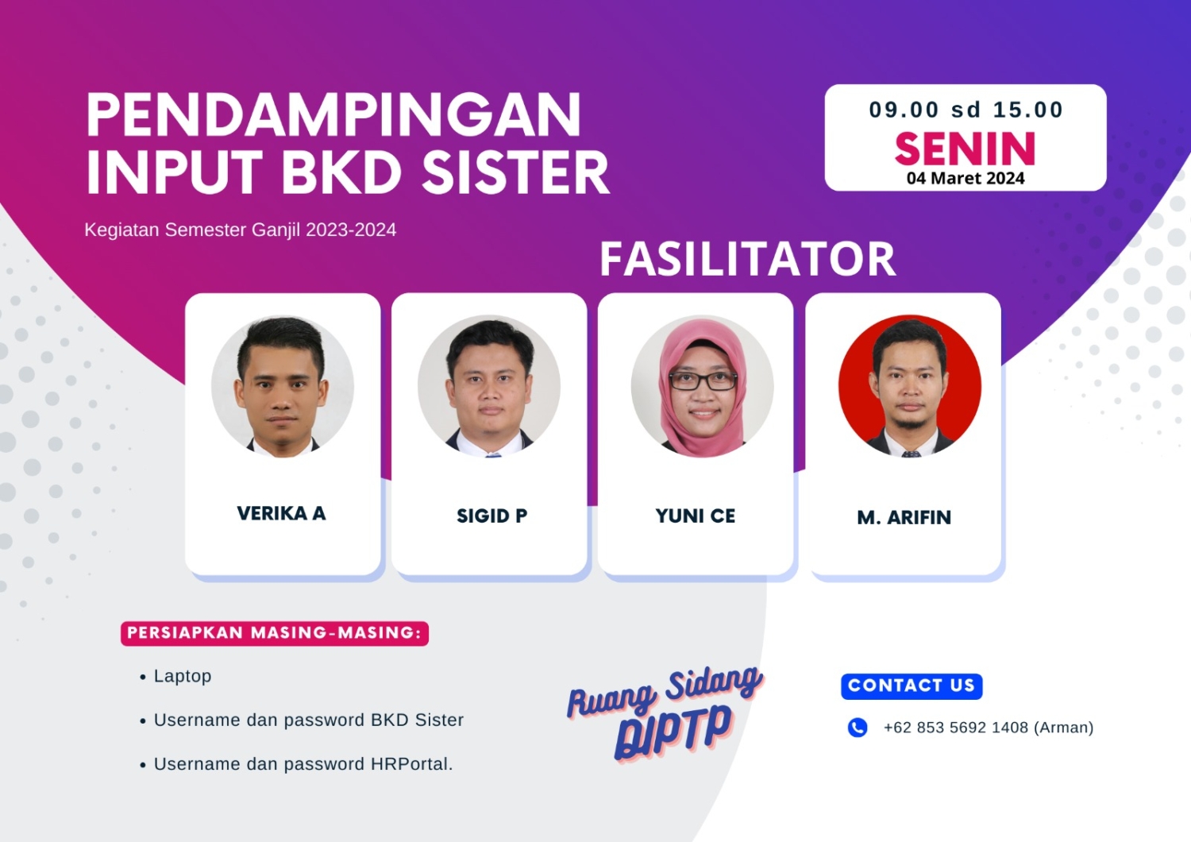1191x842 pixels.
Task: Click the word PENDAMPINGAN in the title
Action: pos(333,116)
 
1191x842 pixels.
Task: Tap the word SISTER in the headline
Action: pos(515,173)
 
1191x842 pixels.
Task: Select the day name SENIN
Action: pos(965,149)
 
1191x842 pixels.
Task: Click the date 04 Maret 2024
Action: pos(966,179)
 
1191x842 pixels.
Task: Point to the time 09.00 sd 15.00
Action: pos(966,110)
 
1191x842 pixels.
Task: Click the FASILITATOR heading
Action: pos(747,259)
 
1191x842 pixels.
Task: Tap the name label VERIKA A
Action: pos(281,514)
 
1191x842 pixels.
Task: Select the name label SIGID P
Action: pos(491,516)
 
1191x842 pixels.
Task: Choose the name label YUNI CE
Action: pos(696,516)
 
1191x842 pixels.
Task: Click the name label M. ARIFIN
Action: pos(904,518)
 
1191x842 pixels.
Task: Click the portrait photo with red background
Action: pos(910,387)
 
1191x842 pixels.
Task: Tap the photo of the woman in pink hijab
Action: pos(703,387)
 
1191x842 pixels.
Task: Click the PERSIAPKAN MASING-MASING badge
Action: pos(274,633)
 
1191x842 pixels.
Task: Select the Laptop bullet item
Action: pos(183,676)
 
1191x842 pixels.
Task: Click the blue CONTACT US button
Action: pos(912,686)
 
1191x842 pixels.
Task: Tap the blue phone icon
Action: pos(858,728)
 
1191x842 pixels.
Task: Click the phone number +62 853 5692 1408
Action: pos(956,728)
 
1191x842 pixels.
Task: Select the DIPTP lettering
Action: pos(673,731)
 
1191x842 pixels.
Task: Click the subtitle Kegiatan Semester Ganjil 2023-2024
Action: pos(240,230)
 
